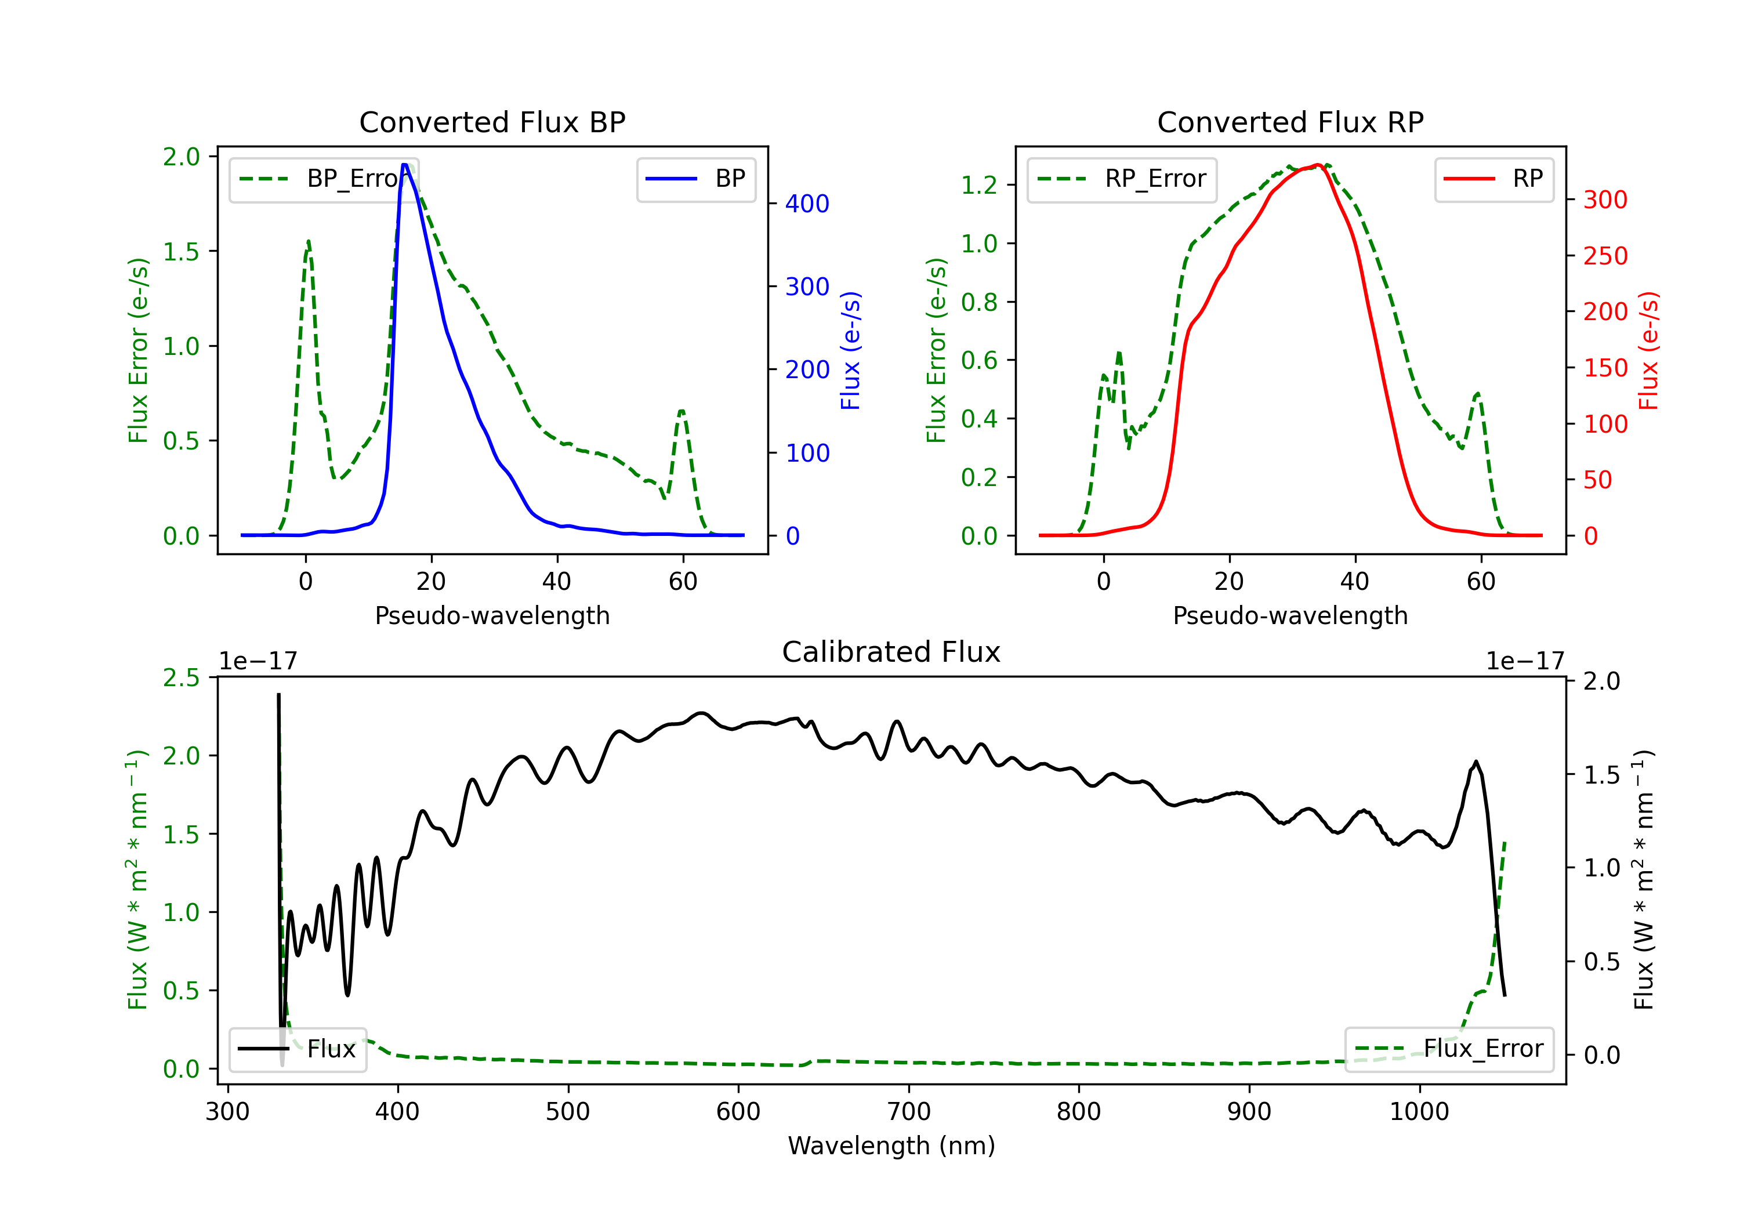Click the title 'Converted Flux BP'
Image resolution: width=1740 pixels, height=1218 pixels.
pos(492,122)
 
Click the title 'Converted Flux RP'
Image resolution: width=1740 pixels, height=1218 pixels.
pos(1290,122)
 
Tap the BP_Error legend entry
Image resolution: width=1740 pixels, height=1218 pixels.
pos(324,179)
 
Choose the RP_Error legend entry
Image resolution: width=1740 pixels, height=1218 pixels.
pos(1122,179)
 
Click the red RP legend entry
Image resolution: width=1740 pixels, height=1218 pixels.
pos(1493,179)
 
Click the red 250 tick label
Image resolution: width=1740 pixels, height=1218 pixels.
pos(1605,256)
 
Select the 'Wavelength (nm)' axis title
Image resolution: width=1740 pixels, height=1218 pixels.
pos(891,1145)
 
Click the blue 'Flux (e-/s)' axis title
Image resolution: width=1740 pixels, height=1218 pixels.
pos(850,350)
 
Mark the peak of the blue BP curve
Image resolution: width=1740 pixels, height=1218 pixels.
pos(405,165)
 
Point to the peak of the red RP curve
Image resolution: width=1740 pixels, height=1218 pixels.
pos(1319,165)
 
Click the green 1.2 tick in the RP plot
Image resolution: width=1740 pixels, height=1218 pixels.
pos(978,185)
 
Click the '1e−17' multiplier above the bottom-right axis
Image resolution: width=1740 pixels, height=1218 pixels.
pos(1525,661)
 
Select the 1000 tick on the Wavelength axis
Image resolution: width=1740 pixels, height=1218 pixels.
pos(1419,1112)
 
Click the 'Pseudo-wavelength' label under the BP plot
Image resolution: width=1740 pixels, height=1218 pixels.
pos(492,615)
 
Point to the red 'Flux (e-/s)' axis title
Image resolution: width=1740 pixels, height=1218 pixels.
pos(1648,350)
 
